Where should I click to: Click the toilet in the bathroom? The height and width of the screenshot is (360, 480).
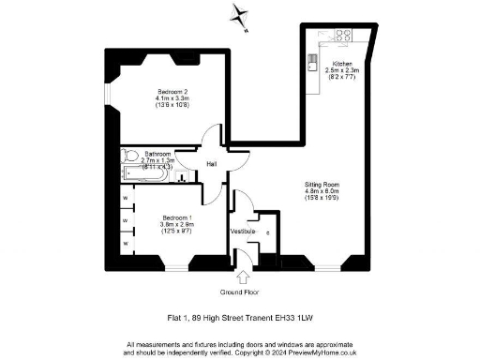(130, 156)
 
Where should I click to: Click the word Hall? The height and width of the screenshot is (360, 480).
(199, 161)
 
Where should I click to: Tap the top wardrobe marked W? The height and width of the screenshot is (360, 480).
(125, 198)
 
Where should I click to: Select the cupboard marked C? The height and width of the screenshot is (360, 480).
(268, 232)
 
